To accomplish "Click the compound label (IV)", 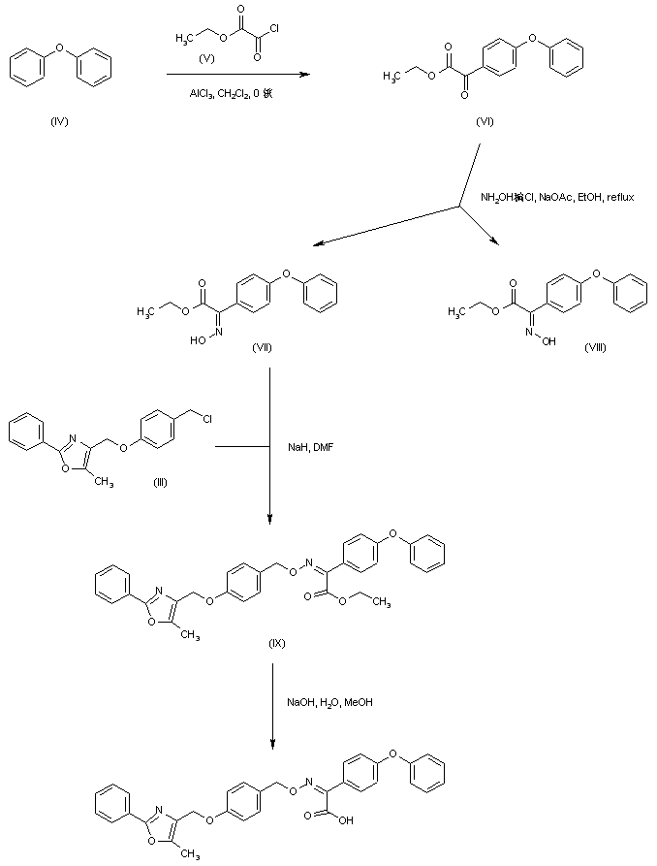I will pos(60,122).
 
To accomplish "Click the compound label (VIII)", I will pos(595,346).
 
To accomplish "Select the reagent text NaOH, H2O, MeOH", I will pos(329,702).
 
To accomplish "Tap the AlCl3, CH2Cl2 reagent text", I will pos(221,94).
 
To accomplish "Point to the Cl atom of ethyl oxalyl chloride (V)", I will pos(274,28).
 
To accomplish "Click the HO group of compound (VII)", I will pos(197,341).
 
